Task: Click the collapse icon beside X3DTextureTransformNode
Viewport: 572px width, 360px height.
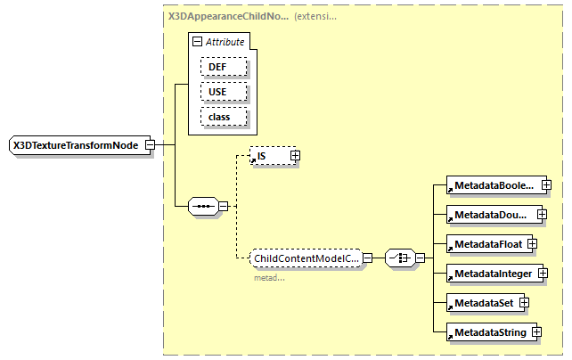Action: (x=151, y=145)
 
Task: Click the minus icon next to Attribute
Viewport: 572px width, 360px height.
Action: (x=197, y=42)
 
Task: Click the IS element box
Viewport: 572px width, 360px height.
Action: (x=269, y=156)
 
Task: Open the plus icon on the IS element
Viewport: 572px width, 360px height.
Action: (x=295, y=156)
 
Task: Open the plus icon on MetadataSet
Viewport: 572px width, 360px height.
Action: (x=525, y=302)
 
